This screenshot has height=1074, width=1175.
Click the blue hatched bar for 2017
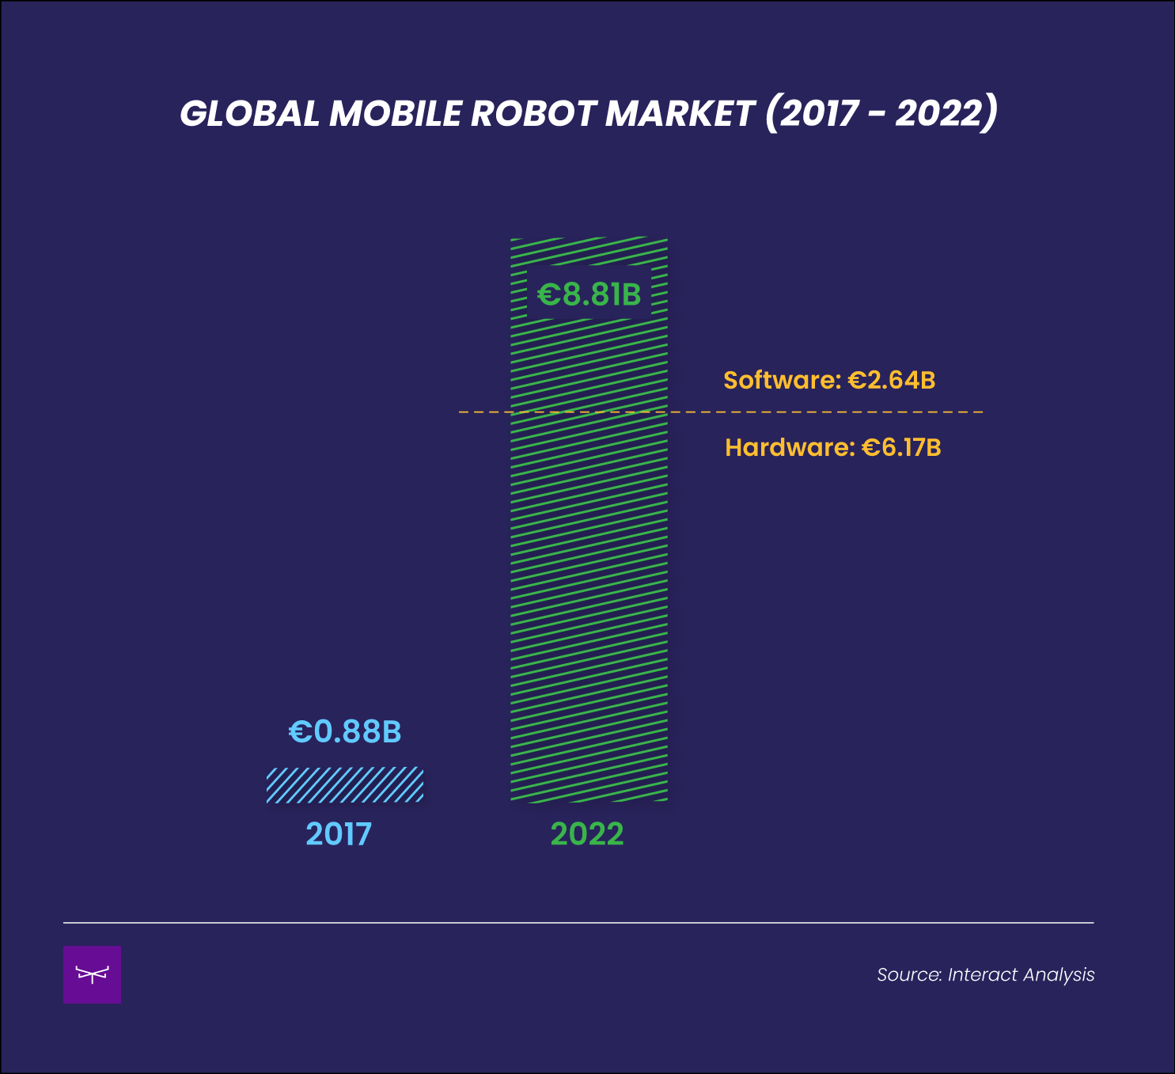(x=345, y=785)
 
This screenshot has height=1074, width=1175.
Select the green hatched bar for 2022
(x=589, y=554)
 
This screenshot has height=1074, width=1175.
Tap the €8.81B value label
(x=589, y=294)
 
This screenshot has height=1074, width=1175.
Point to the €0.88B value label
(x=345, y=732)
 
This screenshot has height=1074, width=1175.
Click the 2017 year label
(x=339, y=834)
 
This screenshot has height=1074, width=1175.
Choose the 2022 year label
(x=587, y=834)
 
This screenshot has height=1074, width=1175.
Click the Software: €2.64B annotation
(x=829, y=381)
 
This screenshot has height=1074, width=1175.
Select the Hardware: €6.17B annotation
(x=832, y=448)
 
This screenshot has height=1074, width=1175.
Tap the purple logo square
(x=92, y=974)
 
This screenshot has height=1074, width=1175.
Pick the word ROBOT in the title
(x=533, y=114)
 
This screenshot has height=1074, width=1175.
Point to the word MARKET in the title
(x=679, y=114)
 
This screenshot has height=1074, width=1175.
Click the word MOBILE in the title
(x=395, y=114)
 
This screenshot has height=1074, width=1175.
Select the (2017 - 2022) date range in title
(x=881, y=114)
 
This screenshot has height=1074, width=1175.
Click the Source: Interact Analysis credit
(x=985, y=975)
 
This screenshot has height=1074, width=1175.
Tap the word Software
(x=779, y=381)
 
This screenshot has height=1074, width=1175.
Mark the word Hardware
(x=789, y=448)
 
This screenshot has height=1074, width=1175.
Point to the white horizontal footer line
(x=578, y=923)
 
